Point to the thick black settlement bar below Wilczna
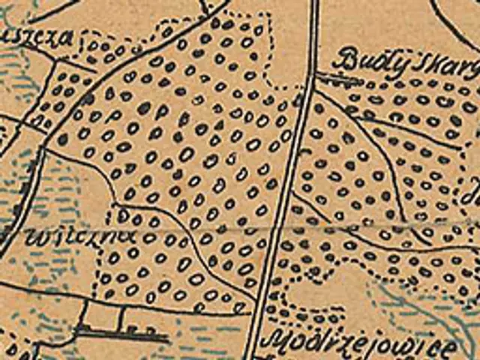(x=120, y=332)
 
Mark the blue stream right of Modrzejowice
(x=450, y=315)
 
